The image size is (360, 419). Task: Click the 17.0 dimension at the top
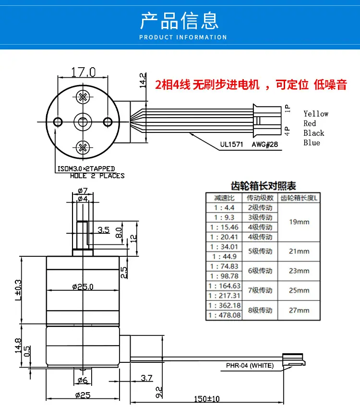[83, 72]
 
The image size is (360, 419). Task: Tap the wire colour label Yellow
[316, 114]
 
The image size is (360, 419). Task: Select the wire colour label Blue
[312, 143]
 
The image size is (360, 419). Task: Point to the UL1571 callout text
[231, 144]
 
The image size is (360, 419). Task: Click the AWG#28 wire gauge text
[264, 144]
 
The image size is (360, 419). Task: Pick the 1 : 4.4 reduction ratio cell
[224, 208]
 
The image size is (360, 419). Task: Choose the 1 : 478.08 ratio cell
[224, 315]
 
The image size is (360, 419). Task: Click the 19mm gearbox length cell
[299, 222]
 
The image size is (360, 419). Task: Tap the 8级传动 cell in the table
[260, 310]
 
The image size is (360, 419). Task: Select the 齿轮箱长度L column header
[299, 198]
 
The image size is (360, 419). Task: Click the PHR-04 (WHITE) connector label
[250, 365]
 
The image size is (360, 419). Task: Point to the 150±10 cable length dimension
[206, 399]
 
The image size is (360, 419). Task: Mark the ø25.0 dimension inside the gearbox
[83, 287]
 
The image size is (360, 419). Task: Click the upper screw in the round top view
[83, 97]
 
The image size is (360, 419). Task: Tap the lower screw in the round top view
[83, 147]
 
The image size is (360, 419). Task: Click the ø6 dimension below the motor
[83, 380]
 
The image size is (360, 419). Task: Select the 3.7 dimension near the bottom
[146, 378]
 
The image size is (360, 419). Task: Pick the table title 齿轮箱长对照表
[263, 186]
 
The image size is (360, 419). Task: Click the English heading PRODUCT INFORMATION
[183, 37]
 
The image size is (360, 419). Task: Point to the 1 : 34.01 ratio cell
[224, 247]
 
